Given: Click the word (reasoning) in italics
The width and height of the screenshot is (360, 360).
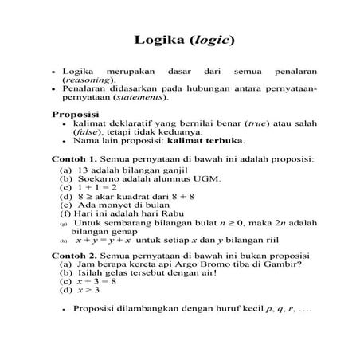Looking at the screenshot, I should click(x=87, y=80).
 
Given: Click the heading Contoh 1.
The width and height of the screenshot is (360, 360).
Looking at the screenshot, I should click(x=73, y=158).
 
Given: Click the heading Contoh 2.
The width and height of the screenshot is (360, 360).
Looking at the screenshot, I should click(x=73, y=256).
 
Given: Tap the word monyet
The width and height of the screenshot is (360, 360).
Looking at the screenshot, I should click(x=116, y=205).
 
